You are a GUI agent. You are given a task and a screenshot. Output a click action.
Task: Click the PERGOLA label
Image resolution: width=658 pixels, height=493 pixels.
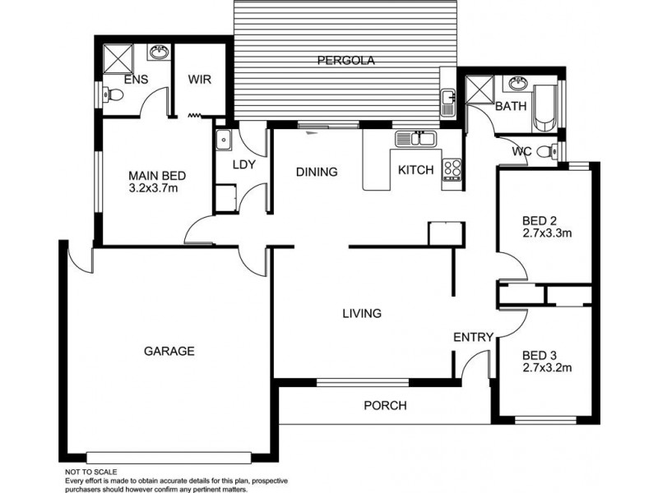[x=346, y=60]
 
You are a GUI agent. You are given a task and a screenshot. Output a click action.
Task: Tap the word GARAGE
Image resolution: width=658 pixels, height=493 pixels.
[x=169, y=351]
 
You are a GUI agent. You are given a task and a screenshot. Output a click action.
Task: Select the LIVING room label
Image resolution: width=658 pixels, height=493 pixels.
[x=362, y=313]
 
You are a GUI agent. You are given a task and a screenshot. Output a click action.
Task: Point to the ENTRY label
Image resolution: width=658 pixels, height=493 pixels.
[x=474, y=337]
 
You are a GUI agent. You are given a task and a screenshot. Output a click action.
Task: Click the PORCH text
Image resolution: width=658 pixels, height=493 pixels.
[x=386, y=405]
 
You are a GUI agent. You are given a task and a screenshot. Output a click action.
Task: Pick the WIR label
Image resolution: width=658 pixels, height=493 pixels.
[x=200, y=80]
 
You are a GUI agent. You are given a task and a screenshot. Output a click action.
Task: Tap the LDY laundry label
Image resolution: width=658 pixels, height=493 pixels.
[x=244, y=164]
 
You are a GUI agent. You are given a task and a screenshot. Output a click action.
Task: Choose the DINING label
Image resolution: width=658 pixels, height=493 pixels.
[x=317, y=172]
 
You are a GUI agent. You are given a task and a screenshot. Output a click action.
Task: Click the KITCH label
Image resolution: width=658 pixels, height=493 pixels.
[x=415, y=171]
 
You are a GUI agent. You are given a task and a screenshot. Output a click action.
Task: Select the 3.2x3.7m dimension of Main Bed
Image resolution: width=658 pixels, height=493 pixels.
[x=154, y=188]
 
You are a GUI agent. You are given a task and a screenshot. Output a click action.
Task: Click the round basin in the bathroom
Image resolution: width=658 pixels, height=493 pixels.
[x=518, y=85]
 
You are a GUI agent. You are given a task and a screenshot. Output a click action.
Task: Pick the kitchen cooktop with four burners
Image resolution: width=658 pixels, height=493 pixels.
[x=452, y=169]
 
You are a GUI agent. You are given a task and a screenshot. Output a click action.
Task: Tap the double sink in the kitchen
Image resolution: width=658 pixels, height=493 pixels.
[x=416, y=139]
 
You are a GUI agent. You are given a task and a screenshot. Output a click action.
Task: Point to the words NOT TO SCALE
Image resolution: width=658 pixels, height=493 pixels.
[x=91, y=472]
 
